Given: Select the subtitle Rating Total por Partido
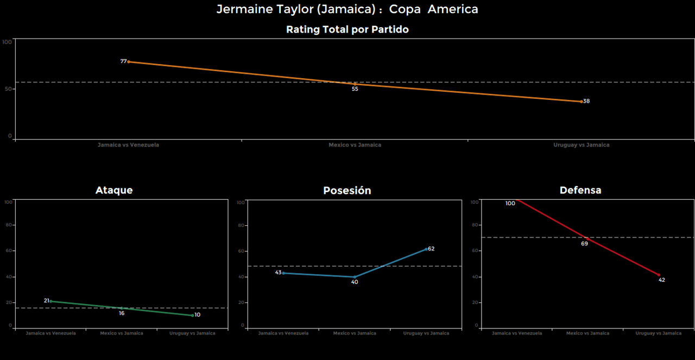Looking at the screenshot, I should tap(347, 30).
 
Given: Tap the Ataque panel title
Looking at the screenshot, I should tap(114, 190).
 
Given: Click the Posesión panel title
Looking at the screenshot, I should tap(347, 191).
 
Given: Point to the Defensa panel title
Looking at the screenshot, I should tap(580, 190).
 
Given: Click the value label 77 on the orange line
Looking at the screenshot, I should tap(123, 61).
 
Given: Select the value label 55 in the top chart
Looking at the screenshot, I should tap(355, 89).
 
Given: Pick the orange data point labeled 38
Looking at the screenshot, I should tap(581, 102).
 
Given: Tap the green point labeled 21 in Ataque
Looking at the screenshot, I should tap(50, 301).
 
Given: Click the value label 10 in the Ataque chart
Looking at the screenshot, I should tap(197, 315).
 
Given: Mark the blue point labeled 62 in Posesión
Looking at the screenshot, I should tap(426, 249).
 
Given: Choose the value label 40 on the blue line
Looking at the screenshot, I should tap(355, 282).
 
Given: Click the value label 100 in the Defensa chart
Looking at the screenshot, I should tap(510, 204).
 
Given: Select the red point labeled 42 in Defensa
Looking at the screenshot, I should tap(659, 275).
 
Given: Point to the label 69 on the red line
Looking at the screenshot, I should tap(584, 244).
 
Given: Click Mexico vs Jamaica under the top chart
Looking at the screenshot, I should tap(355, 145).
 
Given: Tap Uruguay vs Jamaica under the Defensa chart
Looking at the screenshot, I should tap(658, 333).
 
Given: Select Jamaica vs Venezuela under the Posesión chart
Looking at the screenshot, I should tap(283, 333).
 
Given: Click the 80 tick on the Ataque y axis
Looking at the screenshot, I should tap(8, 225).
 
